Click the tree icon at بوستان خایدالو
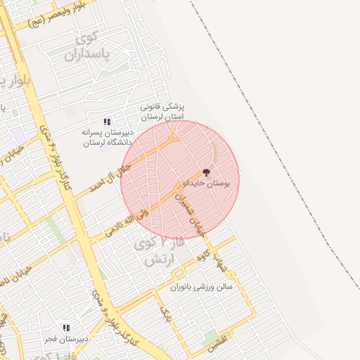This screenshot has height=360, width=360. pyautogui.click(x=206, y=172)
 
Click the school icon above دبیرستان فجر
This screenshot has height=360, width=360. pyautogui.click(x=65, y=328)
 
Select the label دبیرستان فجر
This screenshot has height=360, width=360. pyautogui.click(x=65, y=338)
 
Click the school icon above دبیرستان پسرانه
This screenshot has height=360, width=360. pyautogui.click(x=107, y=122)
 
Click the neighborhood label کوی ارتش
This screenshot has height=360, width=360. pyautogui.click(x=157, y=252)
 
